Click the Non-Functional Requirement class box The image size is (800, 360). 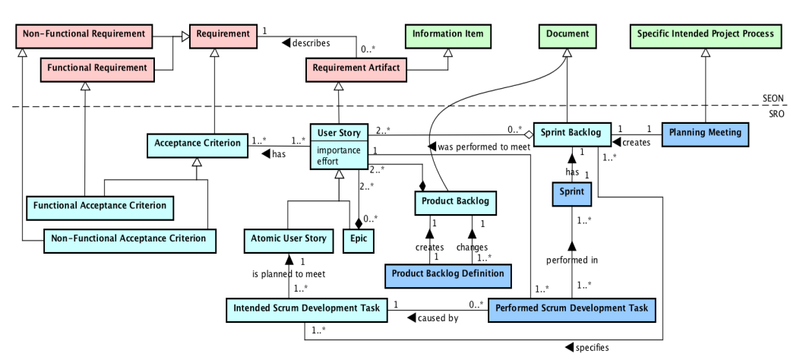(83, 34)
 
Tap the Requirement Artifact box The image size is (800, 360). (354, 68)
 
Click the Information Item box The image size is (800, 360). (447, 34)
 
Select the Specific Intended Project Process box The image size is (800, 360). (706, 34)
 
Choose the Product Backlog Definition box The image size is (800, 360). (444, 273)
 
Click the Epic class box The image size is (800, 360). (358, 238)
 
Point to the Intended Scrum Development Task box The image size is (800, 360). (306, 308)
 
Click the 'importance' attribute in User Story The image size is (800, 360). (339, 150)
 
